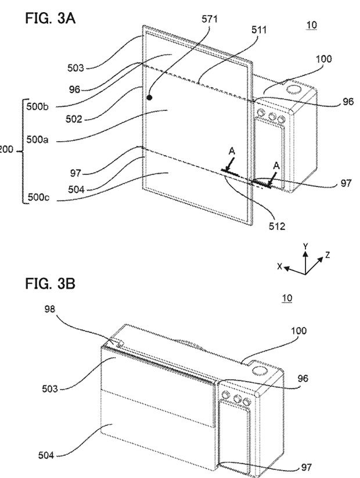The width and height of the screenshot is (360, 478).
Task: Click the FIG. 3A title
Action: (x=51, y=18)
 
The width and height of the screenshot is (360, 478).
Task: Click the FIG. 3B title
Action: (x=50, y=284)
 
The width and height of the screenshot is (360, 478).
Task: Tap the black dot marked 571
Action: (x=149, y=98)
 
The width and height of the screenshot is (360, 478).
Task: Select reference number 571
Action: (x=210, y=19)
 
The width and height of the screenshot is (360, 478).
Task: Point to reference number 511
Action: (x=259, y=30)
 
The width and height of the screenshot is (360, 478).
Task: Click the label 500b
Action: (x=37, y=107)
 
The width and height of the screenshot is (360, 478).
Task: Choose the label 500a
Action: (x=37, y=140)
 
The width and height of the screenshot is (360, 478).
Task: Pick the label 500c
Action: (x=38, y=197)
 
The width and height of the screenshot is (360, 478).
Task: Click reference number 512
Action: (x=277, y=226)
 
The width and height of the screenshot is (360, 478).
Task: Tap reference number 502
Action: (x=74, y=119)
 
